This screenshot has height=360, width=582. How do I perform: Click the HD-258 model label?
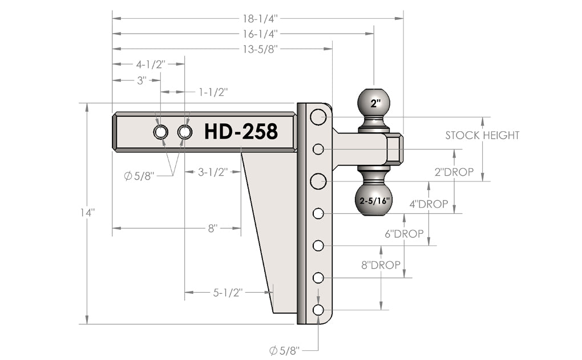pyautogui.click(x=241, y=132)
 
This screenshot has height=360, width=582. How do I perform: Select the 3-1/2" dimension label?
pyautogui.click(x=213, y=171)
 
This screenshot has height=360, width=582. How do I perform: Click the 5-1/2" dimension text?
pyautogui.click(x=228, y=293)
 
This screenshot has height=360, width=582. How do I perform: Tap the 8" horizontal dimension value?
pyautogui.click(x=213, y=228)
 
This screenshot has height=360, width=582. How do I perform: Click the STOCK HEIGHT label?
pyautogui.click(x=482, y=135)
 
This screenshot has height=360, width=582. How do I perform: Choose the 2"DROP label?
pyautogui.click(x=455, y=172)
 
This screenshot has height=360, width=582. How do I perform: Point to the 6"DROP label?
pyautogui.click(x=405, y=234)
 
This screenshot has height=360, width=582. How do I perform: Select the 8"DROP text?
pyautogui.click(x=381, y=266)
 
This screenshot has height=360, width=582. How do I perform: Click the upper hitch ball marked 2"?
pyautogui.click(x=374, y=103)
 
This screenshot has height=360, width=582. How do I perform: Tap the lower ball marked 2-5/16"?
pyautogui.click(x=374, y=200)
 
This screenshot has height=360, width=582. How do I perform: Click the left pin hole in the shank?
pyautogui.click(x=160, y=132)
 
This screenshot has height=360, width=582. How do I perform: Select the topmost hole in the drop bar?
pyautogui.click(x=318, y=117)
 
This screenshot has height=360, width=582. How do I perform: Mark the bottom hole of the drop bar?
pyautogui.click(x=318, y=310)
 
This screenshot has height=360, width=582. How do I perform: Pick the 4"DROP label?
pyautogui.click(x=429, y=204)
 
